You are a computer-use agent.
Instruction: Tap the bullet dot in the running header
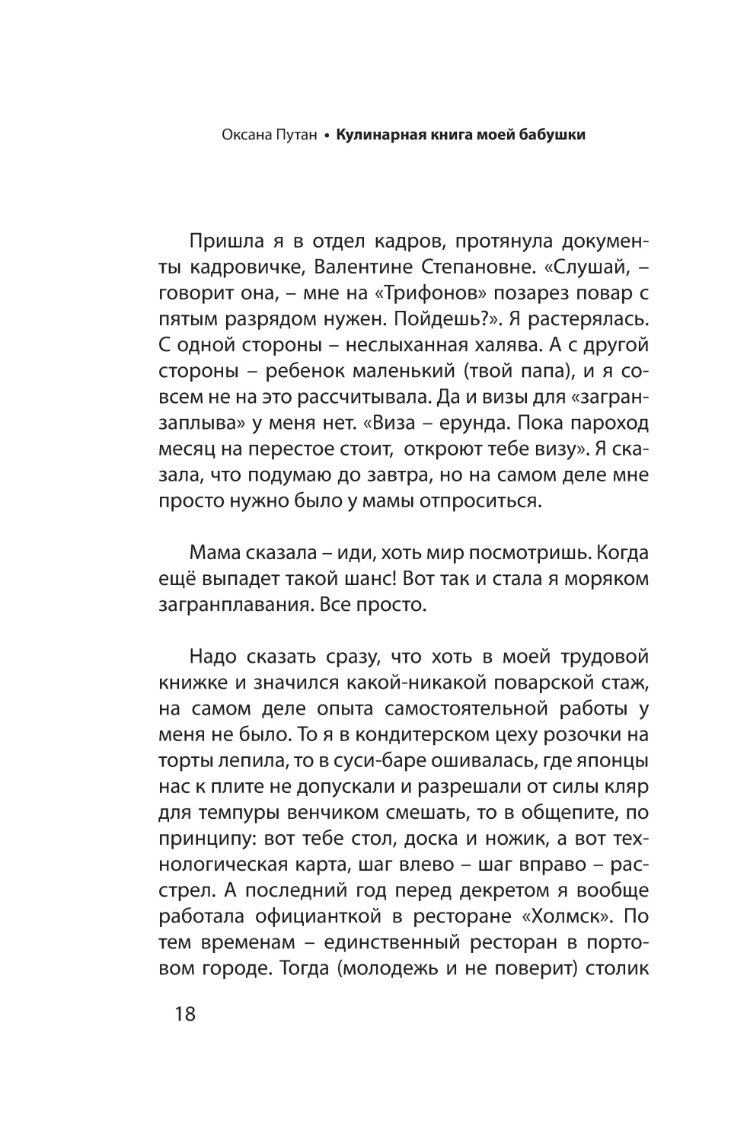(x=326, y=137)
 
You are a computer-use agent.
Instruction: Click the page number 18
(x=185, y=1015)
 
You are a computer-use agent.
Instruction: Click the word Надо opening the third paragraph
(x=214, y=657)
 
